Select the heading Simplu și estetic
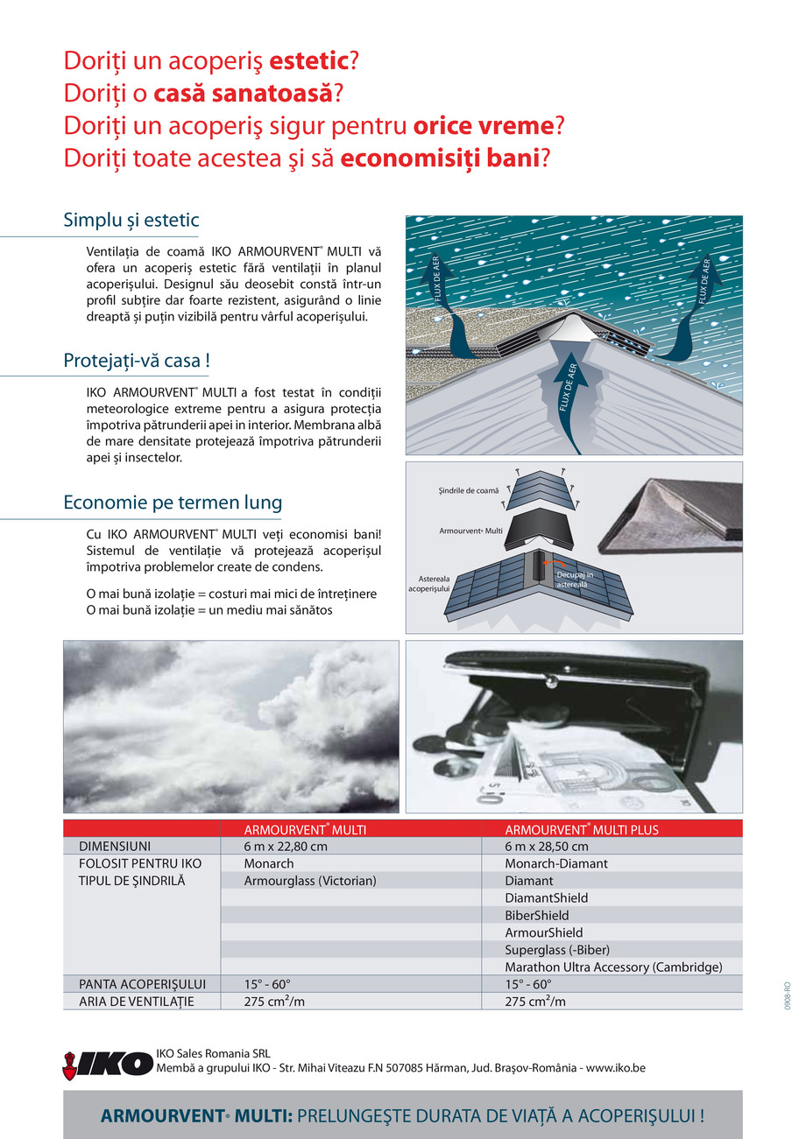tap(131, 220)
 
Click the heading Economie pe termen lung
tap(173, 503)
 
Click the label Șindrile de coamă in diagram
tap(468, 491)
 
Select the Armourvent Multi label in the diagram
tap(470, 531)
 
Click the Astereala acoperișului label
tap(428, 584)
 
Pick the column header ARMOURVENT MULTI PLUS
tap(582, 829)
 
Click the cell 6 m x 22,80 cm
tap(286, 847)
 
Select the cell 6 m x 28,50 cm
tap(547, 847)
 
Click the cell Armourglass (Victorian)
tap(310, 881)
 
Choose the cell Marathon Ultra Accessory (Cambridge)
tap(613, 967)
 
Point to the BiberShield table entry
tap(537, 916)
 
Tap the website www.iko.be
tap(615, 1069)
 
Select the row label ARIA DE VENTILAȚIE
tap(137, 1002)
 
